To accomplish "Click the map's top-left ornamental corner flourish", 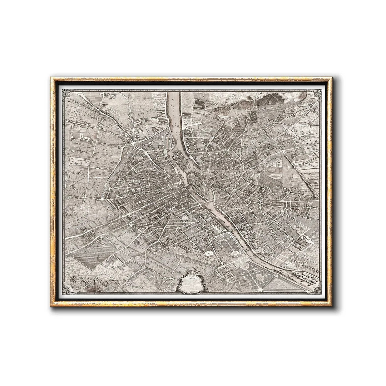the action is click(66, 94).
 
